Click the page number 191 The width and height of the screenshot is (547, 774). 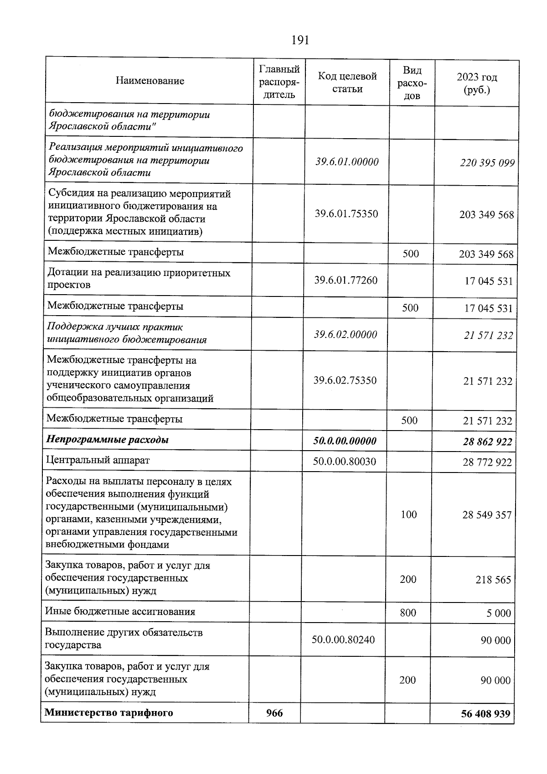300,41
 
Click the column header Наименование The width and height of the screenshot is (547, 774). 150,81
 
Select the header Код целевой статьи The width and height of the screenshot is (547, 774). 347,83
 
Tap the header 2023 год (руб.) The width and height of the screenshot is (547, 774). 477,83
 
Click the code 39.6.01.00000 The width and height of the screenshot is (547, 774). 347,162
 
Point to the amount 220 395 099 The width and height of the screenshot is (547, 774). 487,163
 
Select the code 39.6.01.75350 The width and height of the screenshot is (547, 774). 346,214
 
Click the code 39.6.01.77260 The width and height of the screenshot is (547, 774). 346,280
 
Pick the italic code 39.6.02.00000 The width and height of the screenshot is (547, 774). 346,335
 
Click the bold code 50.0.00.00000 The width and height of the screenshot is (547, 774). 345,441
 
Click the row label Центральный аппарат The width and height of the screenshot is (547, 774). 98,460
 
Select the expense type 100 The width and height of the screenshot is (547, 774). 409,514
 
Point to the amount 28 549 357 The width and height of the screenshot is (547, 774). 487,515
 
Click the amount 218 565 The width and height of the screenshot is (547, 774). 493,580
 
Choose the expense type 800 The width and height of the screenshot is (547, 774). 408,613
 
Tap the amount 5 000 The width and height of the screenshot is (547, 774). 498,613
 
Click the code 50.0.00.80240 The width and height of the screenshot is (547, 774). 343,640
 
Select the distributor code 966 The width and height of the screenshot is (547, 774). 274,713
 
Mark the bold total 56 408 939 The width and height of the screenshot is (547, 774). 485,714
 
